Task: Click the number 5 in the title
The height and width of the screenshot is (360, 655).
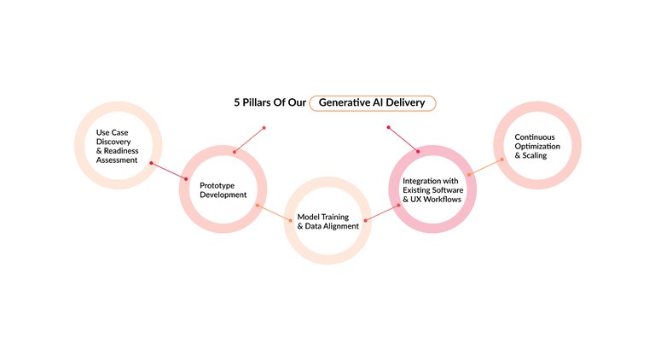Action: click(x=238, y=102)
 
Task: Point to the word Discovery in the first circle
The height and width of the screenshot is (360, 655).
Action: click(x=113, y=141)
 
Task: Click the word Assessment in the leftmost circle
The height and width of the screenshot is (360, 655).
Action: click(x=117, y=160)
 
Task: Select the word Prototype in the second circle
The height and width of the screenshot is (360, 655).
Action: click(x=217, y=185)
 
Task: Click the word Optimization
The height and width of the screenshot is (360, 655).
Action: click(x=537, y=146)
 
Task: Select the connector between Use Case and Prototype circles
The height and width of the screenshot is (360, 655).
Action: click(x=169, y=171)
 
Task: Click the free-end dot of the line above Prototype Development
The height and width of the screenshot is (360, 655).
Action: click(x=264, y=128)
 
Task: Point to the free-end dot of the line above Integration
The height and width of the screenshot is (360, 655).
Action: click(x=388, y=128)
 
